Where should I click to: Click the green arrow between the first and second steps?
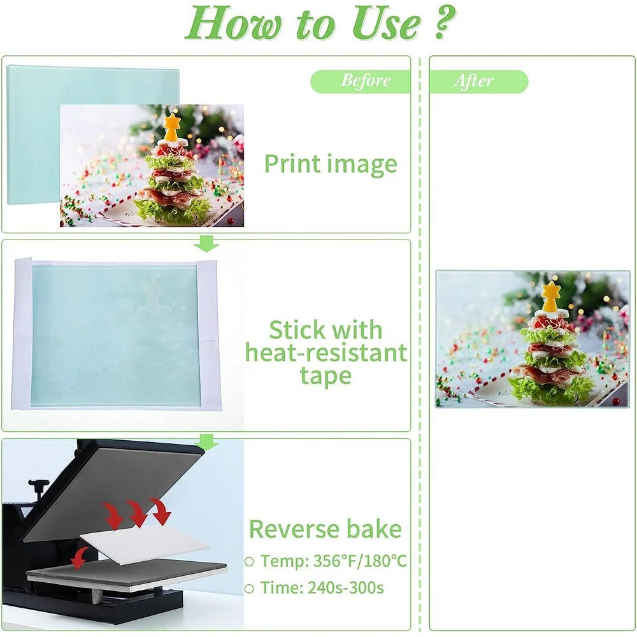(207, 243)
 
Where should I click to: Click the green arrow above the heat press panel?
(207, 441)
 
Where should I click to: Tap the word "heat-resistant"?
(326, 353)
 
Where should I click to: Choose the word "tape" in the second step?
(326, 376)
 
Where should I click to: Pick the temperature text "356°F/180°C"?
(360, 561)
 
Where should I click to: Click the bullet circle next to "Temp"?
(250, 561)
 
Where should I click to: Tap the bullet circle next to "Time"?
(250, 587)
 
